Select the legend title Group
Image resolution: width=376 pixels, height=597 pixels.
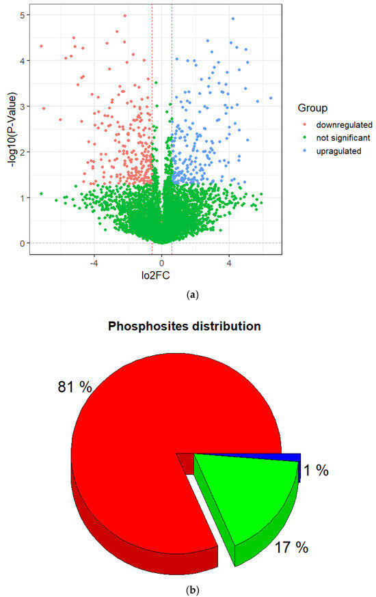tap(312, 108)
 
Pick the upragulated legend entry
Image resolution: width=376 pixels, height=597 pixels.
tap(338, 151)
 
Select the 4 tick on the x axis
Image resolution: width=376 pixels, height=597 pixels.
tap(229, 261)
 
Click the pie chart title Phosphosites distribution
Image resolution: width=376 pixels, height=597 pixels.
tap(185, 327)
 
